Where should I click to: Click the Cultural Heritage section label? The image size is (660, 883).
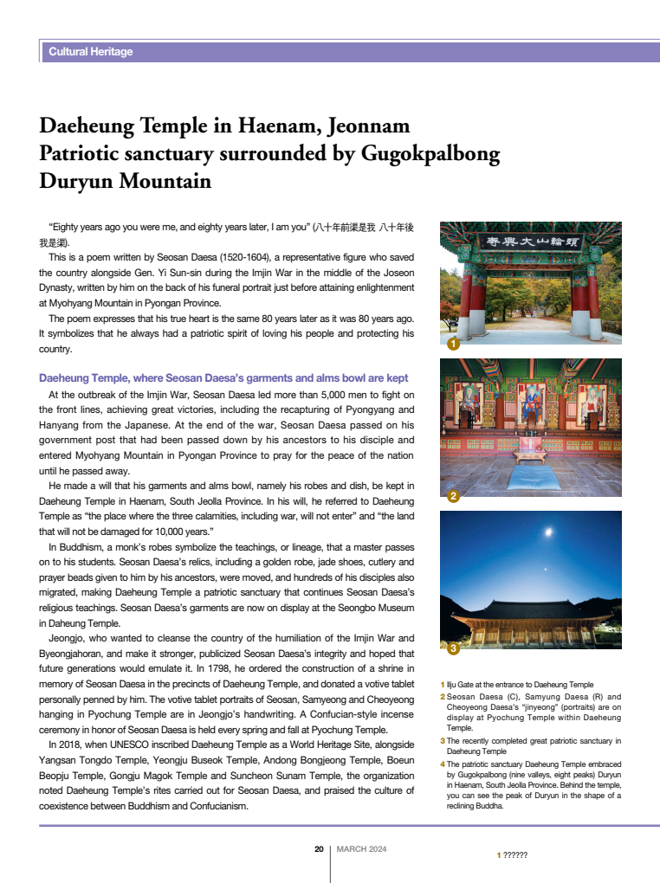point(91,52)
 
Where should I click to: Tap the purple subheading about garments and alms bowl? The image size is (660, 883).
point(223,378)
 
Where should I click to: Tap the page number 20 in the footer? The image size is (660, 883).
point(319,849)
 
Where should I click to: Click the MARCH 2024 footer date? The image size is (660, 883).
point(361,849)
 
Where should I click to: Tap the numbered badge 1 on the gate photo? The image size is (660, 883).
point(452,345)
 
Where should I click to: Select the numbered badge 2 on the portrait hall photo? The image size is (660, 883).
point(452,497)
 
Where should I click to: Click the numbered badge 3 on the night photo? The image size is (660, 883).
point(452,648)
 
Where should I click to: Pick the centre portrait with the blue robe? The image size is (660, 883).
point(530,403)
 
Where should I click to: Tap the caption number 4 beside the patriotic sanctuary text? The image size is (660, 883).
point(443,764)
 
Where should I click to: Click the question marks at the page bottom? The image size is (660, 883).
point(515,855)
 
